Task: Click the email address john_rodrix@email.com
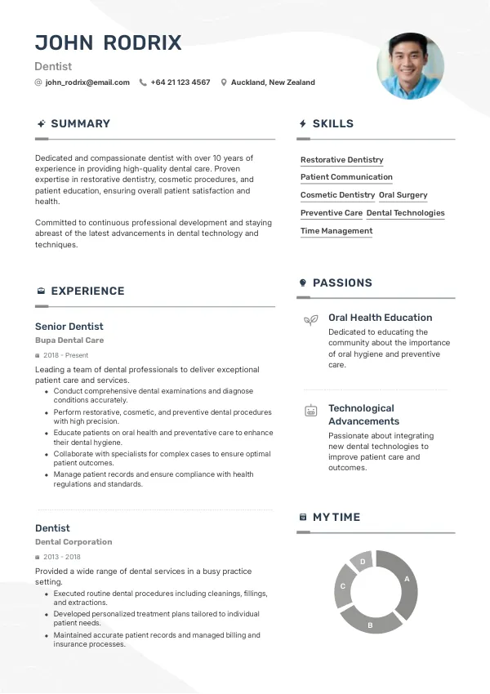pyautogui.click(x=87, y=82)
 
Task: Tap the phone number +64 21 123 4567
pyautogui.click(x=180, y=82)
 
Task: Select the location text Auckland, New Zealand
pyautogui.click(x=273, y=82)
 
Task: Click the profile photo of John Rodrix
pyautogui.click(x=410, y=66)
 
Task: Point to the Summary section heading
pyautogui.click(x=80, y=123)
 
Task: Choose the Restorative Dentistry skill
pyautogui.click(x=341, y=160)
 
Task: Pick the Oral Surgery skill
pyautogui.click(x=403, y=195)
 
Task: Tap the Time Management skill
pyautogui.click(x=336, y=231)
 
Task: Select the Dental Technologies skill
pyautogui.click(x=405, y=213)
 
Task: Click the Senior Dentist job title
pyautogui.click(x=69, y=327)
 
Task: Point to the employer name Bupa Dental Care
pyautogui.click(x=69, y=340)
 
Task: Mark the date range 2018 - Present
pyautogui.click(x=66, y=356)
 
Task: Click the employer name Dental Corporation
pyautogui.click(x=73, y=542)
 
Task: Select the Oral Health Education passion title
pyautogui.click(x=380, y=318)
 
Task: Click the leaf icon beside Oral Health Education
pyautogui.click(x=310, y=320)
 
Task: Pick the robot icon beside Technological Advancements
pyautogui.click(x=310, y=411)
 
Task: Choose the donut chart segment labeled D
pyautogui.click(x=362, y=562)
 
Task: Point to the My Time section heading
pyautogui.click(x=336, y=517)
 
